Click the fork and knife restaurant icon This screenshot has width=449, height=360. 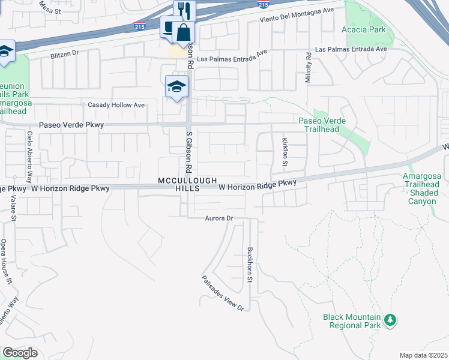pyautogui.click(x=184, y=11)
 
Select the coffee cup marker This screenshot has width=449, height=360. pyautogui.click(x=169, y=27)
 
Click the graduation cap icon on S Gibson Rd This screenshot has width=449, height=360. pyautogui.click(x=177, y=88)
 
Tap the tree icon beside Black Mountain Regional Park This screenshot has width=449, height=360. pyautogui.click(x=390, y=320)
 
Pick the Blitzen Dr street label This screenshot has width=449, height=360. pyautogui.click(x=65, y=53)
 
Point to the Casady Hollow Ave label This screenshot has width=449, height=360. pyautogui.click(x=116, y=105)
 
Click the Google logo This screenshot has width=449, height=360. pyautogui.click(x=20, y=353)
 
